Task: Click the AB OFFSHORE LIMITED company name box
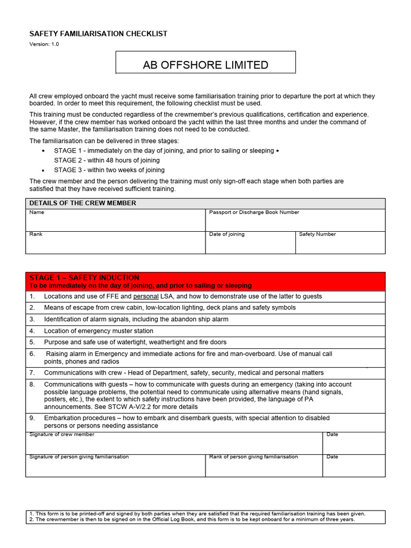tap(205, 65)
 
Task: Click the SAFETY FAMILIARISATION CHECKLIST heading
tap(98, 34)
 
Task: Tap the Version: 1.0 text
tap(44, 44)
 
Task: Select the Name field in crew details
tap(116, 220)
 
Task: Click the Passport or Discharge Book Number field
tap(295, 220)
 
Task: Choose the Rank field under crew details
tap(116, 242)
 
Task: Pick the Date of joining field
tap(250, 242)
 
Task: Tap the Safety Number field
tap(340, 242)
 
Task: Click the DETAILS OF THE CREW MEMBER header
tap(83, 203)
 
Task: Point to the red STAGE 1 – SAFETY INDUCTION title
tap(84, 278)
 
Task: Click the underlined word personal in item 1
tap(146, 296)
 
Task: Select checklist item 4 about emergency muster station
tap(98, 331)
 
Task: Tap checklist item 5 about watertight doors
tap(135, 342)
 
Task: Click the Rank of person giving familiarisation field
tap(264, 466)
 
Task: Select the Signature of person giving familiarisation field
tap(116, 466)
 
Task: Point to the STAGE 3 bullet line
tap(109, 170)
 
